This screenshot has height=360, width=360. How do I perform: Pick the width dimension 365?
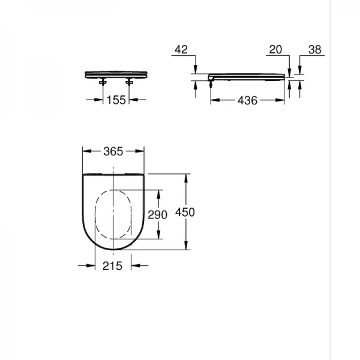point(113,151)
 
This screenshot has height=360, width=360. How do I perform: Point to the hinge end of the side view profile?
point(211,77)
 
